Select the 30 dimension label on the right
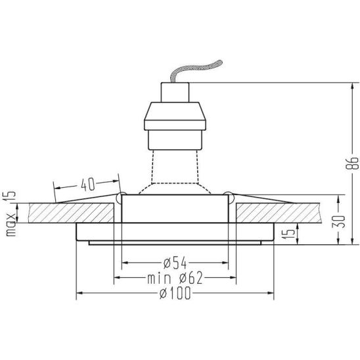tap(338, 221)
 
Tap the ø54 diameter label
tap(175, 263)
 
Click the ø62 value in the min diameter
tap(191, 278)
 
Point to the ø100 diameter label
tap(175, 294)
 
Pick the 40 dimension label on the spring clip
tap(87, 185)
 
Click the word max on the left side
tap(11, 225)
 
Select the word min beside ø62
tap(159, 279)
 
